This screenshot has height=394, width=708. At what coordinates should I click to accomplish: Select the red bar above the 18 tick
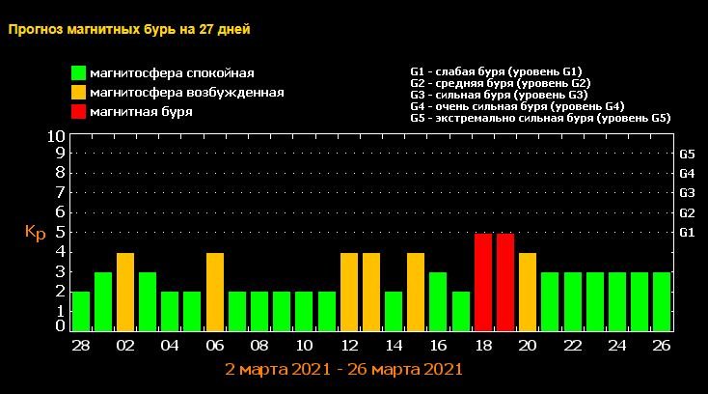[x=483, y=282]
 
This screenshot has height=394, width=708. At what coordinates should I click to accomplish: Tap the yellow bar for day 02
[x=125, y=292]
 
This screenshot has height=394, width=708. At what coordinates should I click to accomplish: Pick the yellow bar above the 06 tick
[x=215, y=292]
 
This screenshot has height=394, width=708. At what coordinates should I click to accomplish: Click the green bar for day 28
[x=81, y=311]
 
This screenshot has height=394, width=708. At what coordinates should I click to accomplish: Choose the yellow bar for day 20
[x=528, y=292]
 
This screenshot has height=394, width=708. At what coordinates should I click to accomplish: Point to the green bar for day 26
[x=662, y=301]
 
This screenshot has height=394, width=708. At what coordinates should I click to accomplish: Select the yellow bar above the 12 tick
[x=349, y=292]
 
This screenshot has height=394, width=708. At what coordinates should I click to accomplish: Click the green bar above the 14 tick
[x=394, y=311]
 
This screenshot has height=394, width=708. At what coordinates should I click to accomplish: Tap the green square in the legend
[x=78, y=73]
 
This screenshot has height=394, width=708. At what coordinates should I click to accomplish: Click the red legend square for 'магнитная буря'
[x=78, y=112]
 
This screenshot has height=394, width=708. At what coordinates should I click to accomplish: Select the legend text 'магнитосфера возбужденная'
[x=186, y=93]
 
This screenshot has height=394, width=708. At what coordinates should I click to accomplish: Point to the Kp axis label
[x=35, y=233]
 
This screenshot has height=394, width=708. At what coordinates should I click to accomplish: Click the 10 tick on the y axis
[x=56, y=137]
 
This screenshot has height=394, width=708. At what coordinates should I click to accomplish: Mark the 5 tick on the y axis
[x=60, y=232]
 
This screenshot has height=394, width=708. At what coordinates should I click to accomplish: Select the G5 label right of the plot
[x=688, y=154]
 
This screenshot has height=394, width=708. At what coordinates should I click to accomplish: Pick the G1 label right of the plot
[x=688, y=233]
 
